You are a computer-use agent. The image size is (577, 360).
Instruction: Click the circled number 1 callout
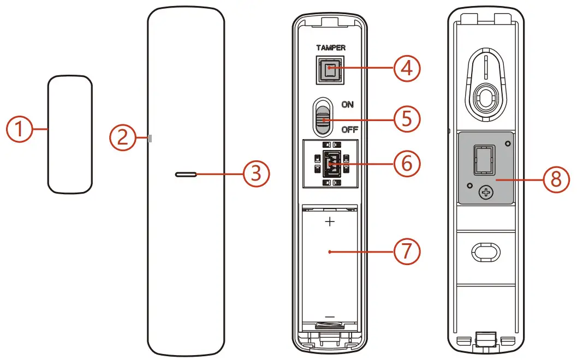(20, 130)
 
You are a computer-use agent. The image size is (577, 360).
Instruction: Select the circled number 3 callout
(257, 175)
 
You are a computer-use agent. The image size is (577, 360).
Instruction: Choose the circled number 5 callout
(407, 118)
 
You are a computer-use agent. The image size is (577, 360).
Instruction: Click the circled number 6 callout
(407, 163)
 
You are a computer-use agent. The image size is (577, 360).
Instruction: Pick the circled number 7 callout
(407, 251)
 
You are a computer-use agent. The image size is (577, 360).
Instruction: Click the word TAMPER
(330, 48)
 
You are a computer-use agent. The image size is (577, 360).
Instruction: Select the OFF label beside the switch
(349, 130)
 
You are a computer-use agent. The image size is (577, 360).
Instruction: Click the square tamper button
(330, 70)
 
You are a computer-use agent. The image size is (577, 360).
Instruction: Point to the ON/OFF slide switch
(322, 117)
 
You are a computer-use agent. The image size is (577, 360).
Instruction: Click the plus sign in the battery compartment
(330, 222)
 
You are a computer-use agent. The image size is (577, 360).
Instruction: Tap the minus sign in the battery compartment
(330, 317)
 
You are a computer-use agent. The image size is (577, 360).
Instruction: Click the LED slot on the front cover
(186, 175)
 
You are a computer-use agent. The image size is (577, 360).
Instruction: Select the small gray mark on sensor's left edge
(150, 139)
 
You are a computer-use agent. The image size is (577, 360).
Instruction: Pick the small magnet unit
(69, 134)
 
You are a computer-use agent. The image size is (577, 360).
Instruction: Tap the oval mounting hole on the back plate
(485, 250)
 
